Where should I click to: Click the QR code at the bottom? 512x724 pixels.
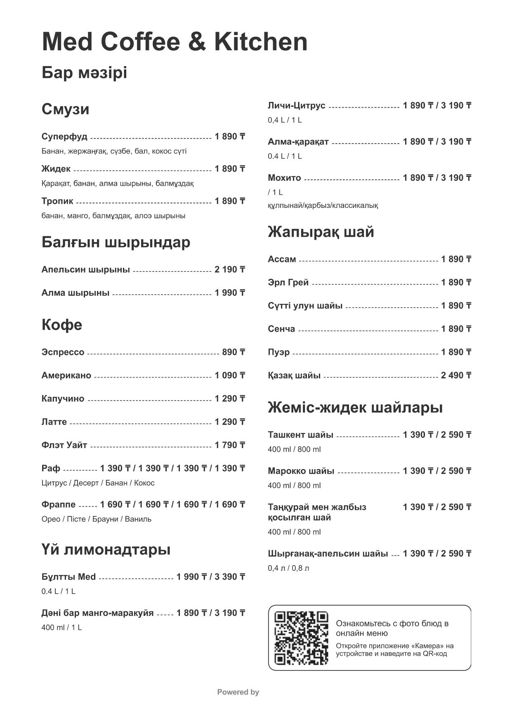click(x=301, y=637)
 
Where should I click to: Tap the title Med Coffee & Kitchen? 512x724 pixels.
click(x=175, y=42)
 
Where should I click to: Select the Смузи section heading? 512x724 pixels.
click(x=65, y=109)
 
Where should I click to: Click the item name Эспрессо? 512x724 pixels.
click(x=63, y=352)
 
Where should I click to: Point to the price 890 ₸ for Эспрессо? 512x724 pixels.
click(x=234, y=352)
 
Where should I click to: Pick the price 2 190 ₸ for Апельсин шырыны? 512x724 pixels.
click(x=230, y=270)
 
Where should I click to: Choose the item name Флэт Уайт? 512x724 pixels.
click(x=64, y=445)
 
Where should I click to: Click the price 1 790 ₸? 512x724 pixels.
click(x=230, y=445)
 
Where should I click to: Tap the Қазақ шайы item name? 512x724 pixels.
click(x=294, y=375)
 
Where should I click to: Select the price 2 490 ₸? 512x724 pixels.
click(x=456, y=375)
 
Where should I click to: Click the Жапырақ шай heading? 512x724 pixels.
click(x=321, y=232)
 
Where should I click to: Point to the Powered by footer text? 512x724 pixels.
click(x=238, y=692)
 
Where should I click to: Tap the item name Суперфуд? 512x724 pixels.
click(x=64, y=137)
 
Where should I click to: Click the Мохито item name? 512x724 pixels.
click(x=284, y=178)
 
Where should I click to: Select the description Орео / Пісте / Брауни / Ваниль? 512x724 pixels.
click(x=97, y=519)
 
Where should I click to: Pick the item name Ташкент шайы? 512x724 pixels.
click(x=300, y=435)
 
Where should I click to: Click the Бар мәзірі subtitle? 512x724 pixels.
click(x=84, y=73)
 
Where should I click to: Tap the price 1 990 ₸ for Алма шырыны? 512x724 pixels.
click(x=230, y=293)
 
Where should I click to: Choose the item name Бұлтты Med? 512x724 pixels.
click(x=68, y=577)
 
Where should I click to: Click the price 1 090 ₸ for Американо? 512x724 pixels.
click(x=230, y=375)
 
